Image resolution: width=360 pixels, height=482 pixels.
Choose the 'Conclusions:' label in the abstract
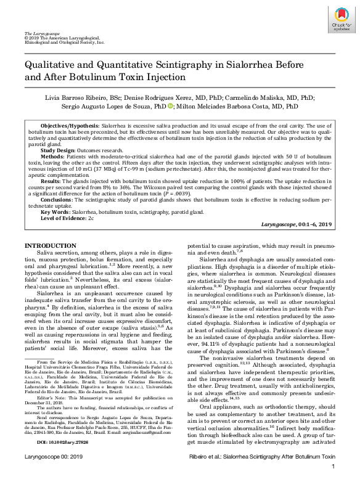pyautogui.click(x=57, y=198)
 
